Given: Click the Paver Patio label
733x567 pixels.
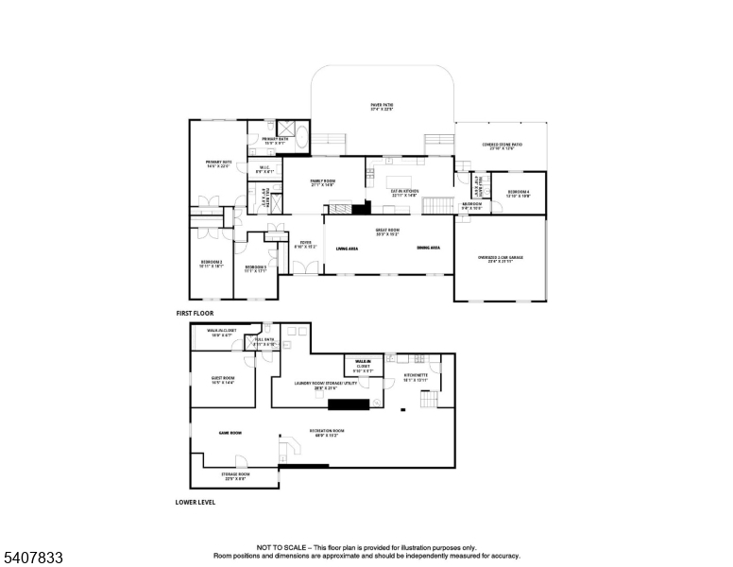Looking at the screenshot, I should [x=382, y=107].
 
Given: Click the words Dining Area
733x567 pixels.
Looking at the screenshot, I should [x=429, y=248].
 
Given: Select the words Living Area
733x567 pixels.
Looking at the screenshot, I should [x=347, y=248].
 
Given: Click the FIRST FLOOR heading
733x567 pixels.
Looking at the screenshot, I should [x=195, y=313].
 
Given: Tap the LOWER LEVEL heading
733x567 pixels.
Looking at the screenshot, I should [x=196, y=502].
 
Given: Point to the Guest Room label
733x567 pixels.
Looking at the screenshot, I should [x=223, y=380].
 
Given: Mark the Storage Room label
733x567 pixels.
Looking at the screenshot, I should [x=235, y=476].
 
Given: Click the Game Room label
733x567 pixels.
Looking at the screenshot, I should [x=230, y=433].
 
